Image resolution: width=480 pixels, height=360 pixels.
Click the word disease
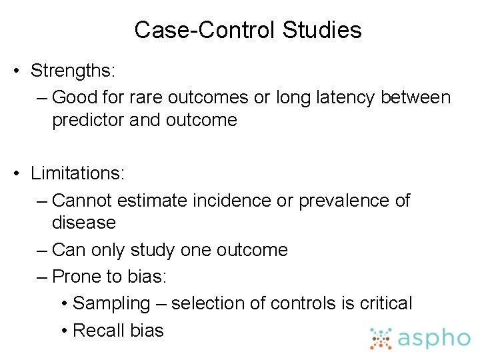point(83,222)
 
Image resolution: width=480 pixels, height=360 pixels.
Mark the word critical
point(386,303)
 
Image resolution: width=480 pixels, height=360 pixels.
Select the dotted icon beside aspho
point(381,339)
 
